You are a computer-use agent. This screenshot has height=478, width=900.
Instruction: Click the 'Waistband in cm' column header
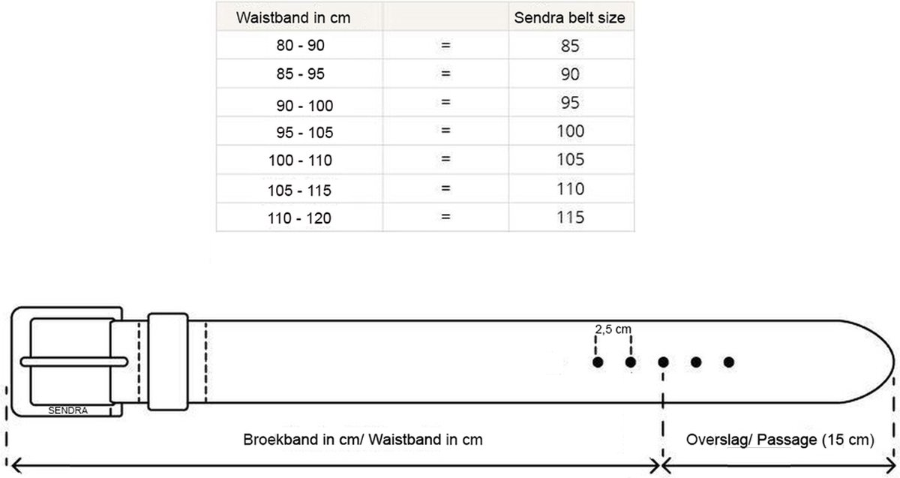pyautogui.click(x=293, y=18)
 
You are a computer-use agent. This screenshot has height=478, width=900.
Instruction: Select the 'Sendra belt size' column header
pyautogui.click(x=569, y=18)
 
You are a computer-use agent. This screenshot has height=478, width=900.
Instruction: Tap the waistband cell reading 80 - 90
pyautogui.click(x=300, y=46)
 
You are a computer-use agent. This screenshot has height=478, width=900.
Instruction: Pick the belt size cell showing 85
pyautogui.click(x=570, y=46)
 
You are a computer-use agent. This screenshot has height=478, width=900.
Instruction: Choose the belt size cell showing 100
pyautogui.click(x=570, y=131)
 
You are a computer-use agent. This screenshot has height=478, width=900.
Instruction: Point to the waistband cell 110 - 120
pyautogui.click(x=299, y=218)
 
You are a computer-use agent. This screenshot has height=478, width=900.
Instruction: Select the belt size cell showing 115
pyautogui.click(x=570, y=218)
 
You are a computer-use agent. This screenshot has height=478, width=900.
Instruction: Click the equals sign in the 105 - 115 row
pyautogui.click(x=445, y=188)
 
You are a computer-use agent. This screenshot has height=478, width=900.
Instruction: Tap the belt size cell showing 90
pyautogui.click(x=570, y=74)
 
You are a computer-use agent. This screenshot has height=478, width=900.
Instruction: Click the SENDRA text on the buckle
pyautogui.click(x=68, y=410)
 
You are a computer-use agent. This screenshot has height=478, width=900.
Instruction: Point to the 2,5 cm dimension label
pyautogui.click(x=613, y=329)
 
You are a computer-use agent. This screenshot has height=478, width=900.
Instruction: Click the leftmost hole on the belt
pyautogui.click(x=598, y=362)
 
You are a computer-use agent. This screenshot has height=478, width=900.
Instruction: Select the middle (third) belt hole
pyautogui.click(x=663, y=362)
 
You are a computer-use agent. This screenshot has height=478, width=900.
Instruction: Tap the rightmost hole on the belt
pyautogui.click(x=729, y=362)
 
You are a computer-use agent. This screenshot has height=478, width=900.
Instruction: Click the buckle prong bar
pyautogui.click(x=74, y=362)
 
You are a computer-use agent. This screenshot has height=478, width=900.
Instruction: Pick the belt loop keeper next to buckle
pyautogui.click(x=168, y=362)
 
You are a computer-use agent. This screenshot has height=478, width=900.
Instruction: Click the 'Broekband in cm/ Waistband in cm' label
pyautogui.click(x=363, y=440)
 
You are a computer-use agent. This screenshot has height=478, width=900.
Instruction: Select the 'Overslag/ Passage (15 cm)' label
pyautogui.click(x=780, y=440)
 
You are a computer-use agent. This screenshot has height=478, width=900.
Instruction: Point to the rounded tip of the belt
pyautogui.click(x=894, y=362)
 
